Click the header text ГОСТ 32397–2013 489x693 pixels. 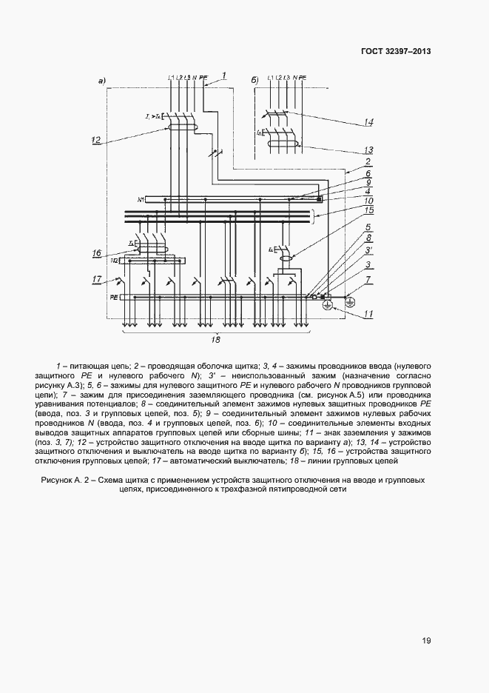point(395,52)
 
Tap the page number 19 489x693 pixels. point(426,641)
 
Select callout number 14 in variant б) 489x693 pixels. point(368,121)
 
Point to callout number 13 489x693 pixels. point(368,149)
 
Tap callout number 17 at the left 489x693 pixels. point(96,279)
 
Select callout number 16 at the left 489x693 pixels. point(96,253)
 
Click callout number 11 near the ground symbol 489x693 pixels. point(368,314)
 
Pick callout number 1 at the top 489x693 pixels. point(223,75)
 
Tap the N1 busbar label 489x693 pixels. point(141,200)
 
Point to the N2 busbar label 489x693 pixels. point(115,260)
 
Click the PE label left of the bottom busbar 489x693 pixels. point(114,297)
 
